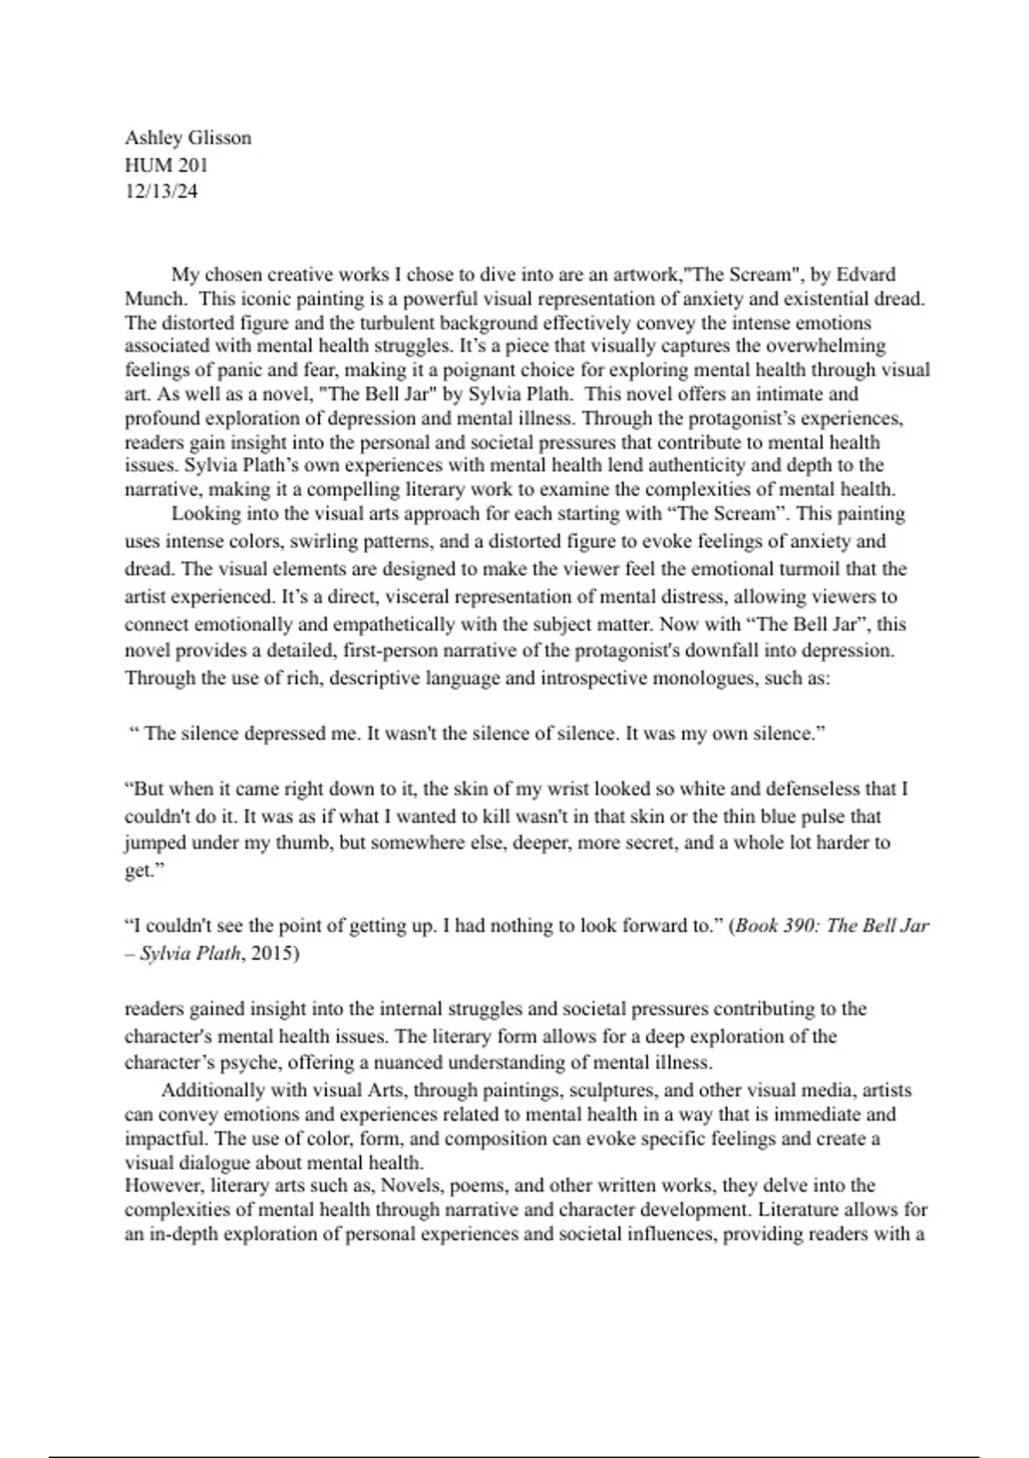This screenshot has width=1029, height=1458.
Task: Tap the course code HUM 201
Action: [x=166, y=165]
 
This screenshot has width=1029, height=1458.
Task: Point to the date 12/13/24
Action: [x=161, y=191]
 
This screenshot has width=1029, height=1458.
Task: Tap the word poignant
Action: [x=478, y=371]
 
